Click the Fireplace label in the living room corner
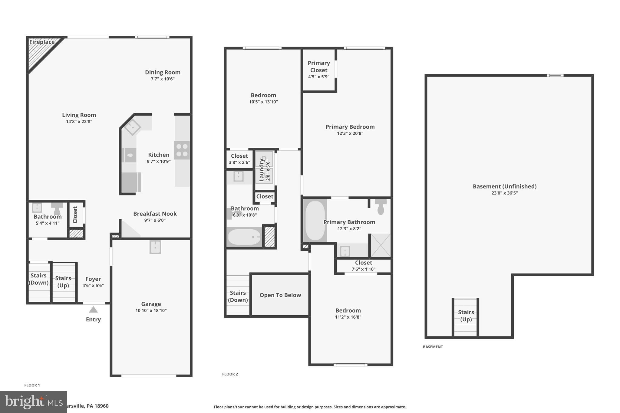pos(42,42)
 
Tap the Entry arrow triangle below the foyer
pos(93,310)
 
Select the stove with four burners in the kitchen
pos(182,150)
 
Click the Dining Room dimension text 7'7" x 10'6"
pos(163,79)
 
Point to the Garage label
pos(151,304)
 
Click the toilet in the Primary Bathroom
pos(381,207)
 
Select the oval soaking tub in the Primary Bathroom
pos(315,220)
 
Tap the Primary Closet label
pos(318,67)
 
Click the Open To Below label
pos(280,295)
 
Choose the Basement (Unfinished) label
pos(504,186)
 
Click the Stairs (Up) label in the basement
pos(466,316)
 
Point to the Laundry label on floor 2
pos(262,170)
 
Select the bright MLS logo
pos(33,402)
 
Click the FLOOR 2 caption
pos(230,374)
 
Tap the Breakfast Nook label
pos(155,214)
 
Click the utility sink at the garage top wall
pos(155,247)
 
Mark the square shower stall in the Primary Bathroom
pos(381,245)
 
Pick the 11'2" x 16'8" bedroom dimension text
pos(348,317)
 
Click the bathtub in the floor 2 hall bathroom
pos(244,237)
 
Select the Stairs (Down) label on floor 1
pos(38,279)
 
